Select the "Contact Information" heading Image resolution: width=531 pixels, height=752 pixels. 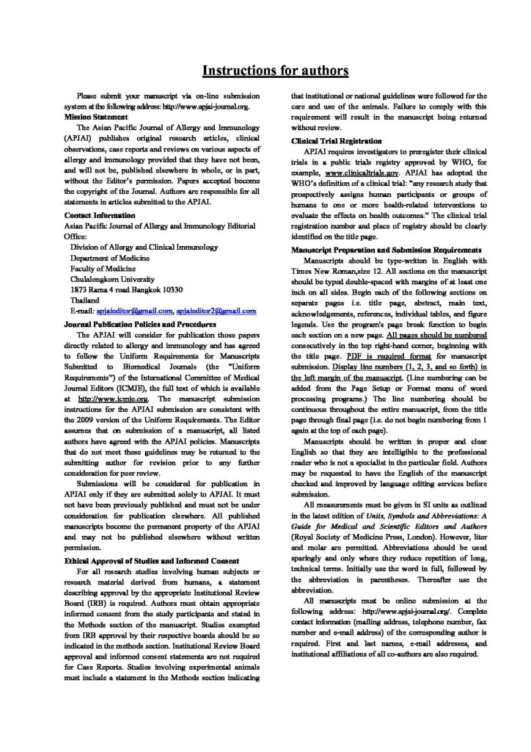tap(99, 215)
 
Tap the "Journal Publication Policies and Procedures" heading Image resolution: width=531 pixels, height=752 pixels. tap(145, 323)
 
